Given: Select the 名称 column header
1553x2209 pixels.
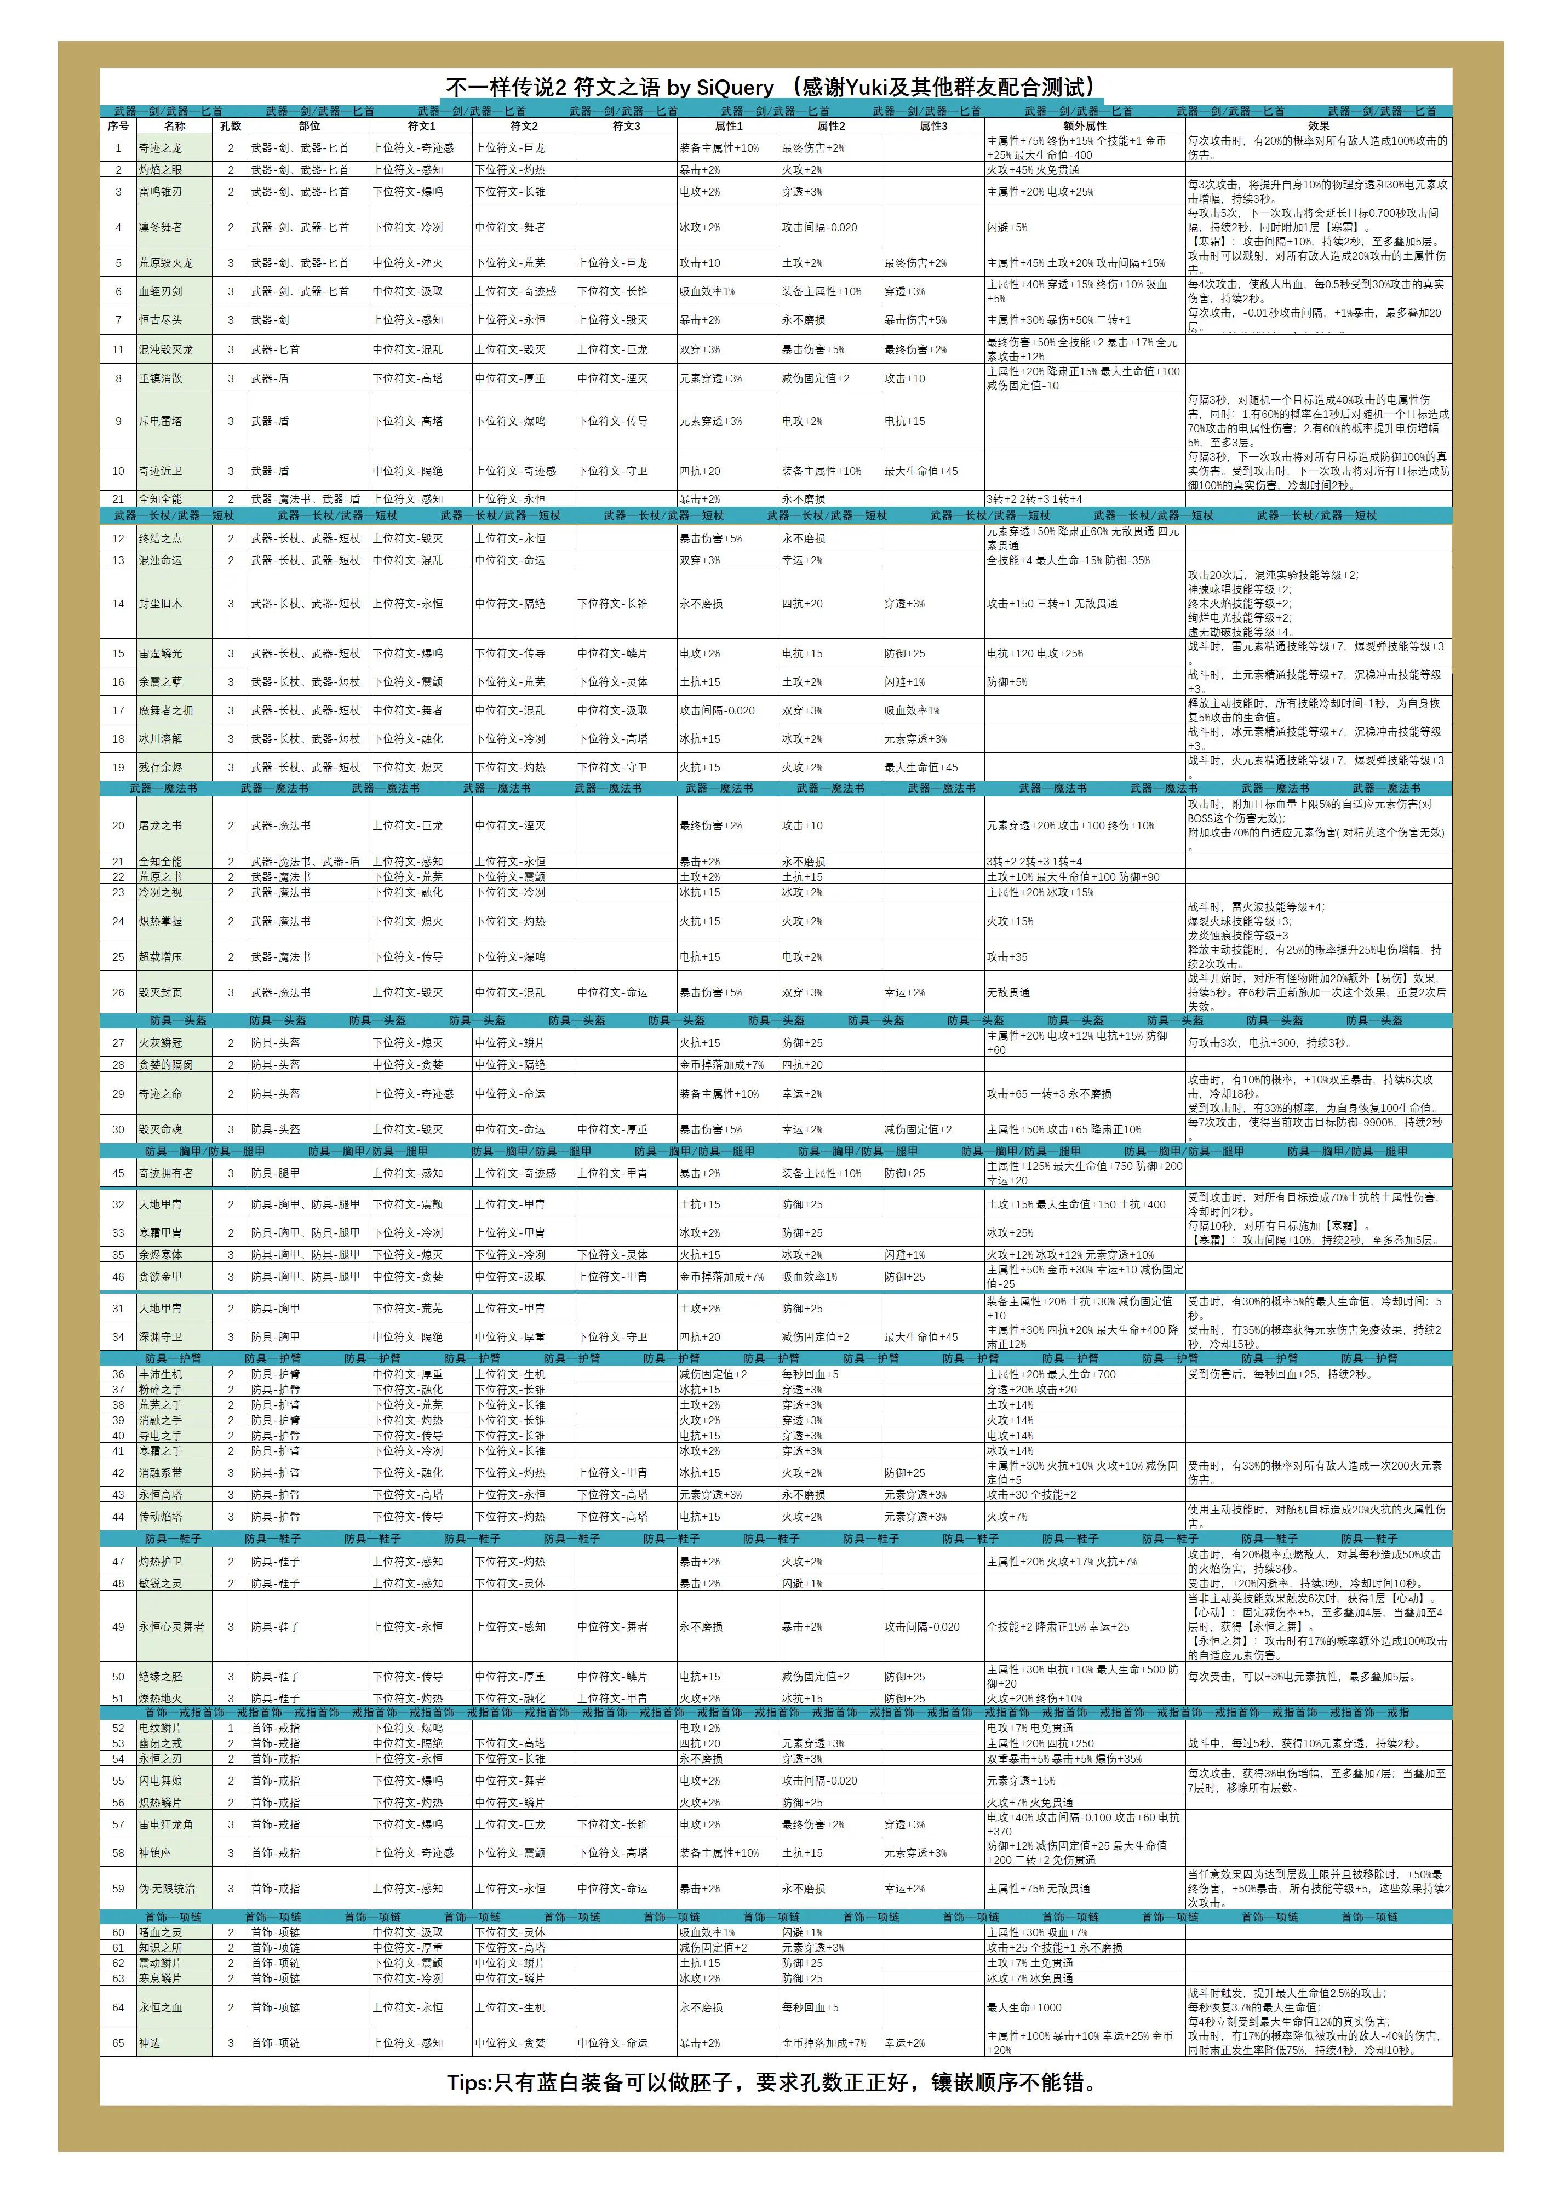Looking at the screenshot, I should (174, 126).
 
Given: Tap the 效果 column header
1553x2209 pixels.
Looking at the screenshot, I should (1317, 126).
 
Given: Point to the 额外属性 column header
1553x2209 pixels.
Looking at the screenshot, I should (1085, 126).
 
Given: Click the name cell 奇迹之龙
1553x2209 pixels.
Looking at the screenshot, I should (160, 148).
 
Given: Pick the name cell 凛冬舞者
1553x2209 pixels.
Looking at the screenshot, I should (160, 228).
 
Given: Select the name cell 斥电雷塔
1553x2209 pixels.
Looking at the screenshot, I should (160, 421).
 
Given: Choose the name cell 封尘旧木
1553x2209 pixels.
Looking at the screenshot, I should (160, 604).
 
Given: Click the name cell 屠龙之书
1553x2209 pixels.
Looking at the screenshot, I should (160, 825).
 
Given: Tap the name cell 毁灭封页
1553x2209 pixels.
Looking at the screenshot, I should (160, 993).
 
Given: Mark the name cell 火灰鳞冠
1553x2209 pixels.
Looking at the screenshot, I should (160, 1043).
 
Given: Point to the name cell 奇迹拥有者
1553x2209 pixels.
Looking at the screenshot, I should (165, 1174).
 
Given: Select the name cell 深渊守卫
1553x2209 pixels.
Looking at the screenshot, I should (160, 1338).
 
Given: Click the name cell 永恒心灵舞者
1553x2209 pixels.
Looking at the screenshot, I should (171, 1627).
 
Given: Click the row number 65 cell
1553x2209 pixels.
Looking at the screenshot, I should (118, 2044).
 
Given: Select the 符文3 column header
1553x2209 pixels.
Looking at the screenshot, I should (626, 126).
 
